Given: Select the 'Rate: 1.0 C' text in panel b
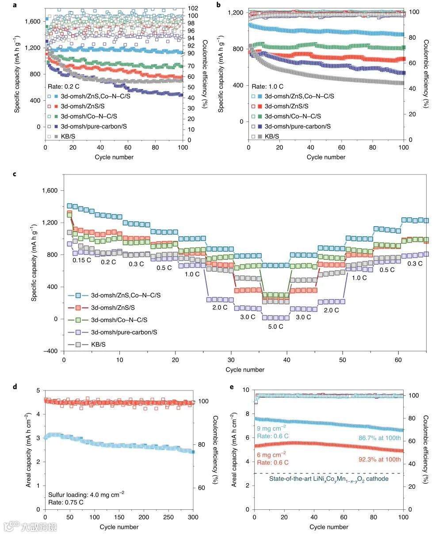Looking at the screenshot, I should point(268,87).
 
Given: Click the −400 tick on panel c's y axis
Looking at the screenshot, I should point(53,351).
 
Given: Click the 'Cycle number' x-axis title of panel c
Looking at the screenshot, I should point(245,369).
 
